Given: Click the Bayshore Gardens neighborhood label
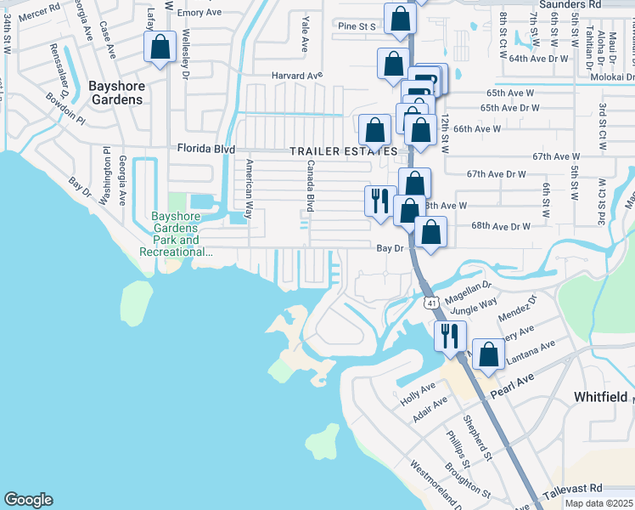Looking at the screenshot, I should coord(117,93).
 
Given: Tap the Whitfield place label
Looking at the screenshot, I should coord(600,397).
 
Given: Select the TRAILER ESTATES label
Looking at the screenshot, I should coord(343,151).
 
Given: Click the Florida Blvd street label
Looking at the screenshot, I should coord(205,149).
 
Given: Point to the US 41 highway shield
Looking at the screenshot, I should coord(431,303).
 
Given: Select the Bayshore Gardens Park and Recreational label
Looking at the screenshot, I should coord(175,234).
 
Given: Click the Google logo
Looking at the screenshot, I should coord(28,500).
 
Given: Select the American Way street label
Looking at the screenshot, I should coord(249,190).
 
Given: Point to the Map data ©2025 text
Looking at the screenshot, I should coord(599,503).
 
